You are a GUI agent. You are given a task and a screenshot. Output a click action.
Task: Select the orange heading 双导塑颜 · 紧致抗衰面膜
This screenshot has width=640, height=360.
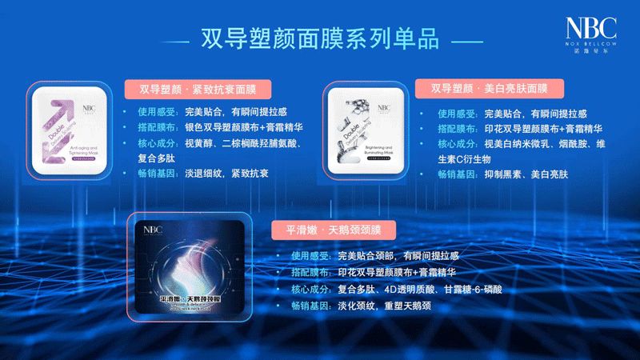click(x=196, y=89)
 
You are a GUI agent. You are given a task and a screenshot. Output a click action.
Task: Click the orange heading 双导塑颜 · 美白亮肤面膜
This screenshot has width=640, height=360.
click(x=490, y=89)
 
